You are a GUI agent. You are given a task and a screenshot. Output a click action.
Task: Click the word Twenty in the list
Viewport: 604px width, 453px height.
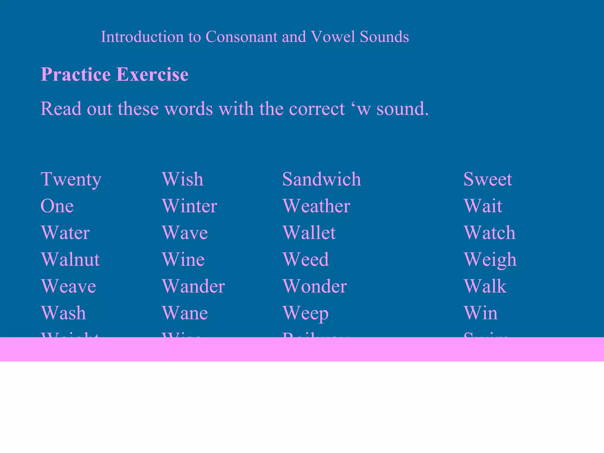[x=71, y=179]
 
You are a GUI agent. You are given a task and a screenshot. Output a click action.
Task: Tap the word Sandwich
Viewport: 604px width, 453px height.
[x=321, y=179]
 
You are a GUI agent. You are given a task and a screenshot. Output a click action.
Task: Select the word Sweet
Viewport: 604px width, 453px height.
[x=488, y=179]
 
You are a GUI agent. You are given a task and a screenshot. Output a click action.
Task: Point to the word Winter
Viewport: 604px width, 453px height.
[x=189, y=206]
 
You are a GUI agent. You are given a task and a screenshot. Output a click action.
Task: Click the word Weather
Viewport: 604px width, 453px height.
[x=316, y=206]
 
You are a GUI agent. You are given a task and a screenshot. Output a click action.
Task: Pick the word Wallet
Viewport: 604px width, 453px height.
[x=309, y=233]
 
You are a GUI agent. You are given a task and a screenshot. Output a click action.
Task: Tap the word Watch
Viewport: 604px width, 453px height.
[x=490, y=233]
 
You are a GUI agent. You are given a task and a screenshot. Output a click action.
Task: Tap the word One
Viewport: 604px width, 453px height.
[x=57, y=206]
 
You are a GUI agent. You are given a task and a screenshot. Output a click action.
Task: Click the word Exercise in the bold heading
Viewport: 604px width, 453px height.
[x=152, y=74]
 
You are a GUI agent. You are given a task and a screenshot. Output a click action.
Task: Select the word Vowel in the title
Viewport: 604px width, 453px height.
[x=333, y=37]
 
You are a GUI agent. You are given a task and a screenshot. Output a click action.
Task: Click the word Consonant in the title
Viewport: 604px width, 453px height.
[x=242, y=37]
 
